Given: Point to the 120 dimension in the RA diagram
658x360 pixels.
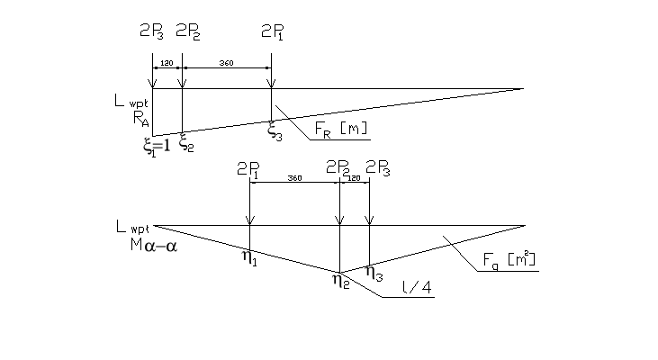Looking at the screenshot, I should (167, 64).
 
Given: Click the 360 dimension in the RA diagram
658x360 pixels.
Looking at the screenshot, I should (226, 64).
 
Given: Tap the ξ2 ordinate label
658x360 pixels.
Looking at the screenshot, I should (186, 144).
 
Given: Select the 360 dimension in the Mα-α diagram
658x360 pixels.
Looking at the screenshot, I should (294, 179).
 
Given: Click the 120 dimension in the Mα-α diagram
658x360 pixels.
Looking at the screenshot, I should (354, 179).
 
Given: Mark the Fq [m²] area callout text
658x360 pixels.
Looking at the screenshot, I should (509, 261).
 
